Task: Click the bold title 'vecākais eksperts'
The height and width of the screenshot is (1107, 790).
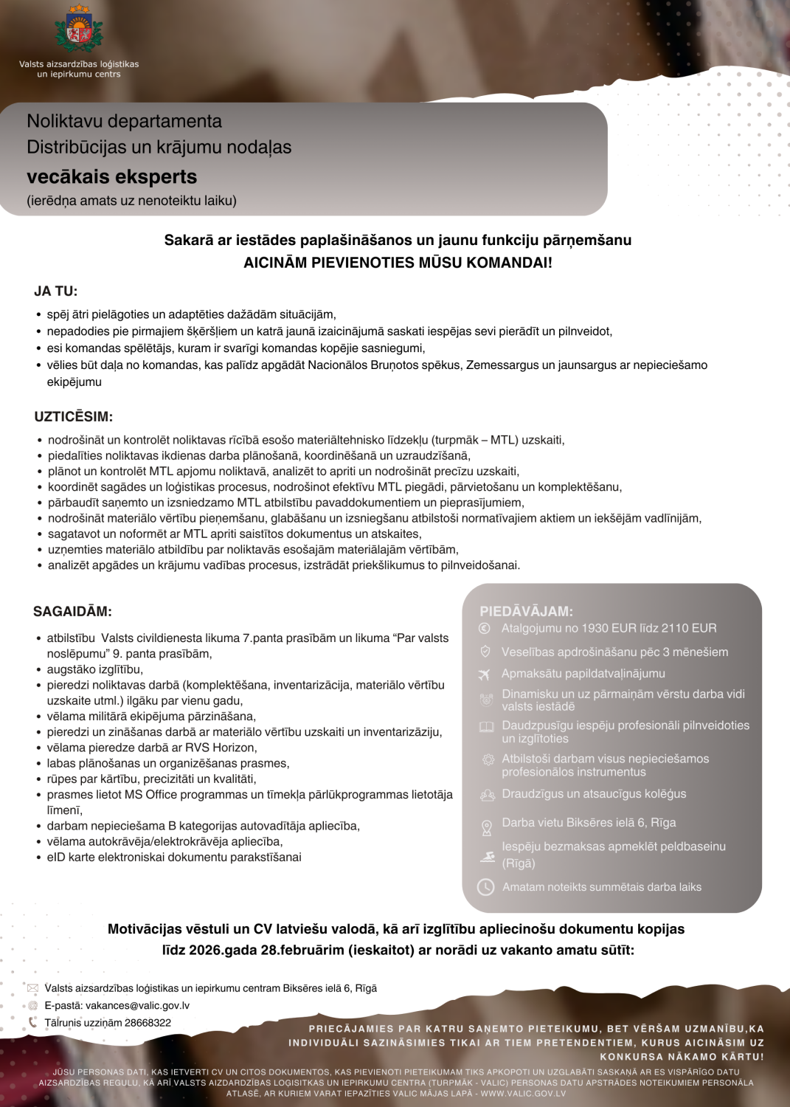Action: (x=112, y=177)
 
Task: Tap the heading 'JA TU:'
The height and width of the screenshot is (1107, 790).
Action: (x=56, y=292)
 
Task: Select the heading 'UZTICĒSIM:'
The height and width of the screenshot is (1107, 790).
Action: (x=74, y=417)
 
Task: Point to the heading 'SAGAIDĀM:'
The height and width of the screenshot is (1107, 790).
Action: (x=72, y=612)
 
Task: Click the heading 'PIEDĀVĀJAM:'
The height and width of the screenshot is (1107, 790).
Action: (x=526, y=611)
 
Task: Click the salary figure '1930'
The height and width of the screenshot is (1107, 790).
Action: (x=595, y=628)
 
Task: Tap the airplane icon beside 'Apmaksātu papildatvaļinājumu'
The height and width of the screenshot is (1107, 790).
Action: (x=485, y=674)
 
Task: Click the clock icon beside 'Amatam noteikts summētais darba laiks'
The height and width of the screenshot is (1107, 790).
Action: (x=485, y=887)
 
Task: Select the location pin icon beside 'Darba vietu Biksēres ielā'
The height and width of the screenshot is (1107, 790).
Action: (x=486, y=828)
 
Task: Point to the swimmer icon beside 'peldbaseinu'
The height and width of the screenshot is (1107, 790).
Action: (x=487, y=857)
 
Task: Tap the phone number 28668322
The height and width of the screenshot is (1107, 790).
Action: (x=148, y=1023)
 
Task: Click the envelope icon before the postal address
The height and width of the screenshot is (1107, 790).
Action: (x=32, y=988)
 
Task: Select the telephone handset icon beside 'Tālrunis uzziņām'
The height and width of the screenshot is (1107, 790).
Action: (x=32, y=1023)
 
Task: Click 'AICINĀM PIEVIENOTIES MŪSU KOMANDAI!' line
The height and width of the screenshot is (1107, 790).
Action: (x=398, y=263)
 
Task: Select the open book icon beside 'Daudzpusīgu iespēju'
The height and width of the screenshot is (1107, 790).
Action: (x=486, y=727)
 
